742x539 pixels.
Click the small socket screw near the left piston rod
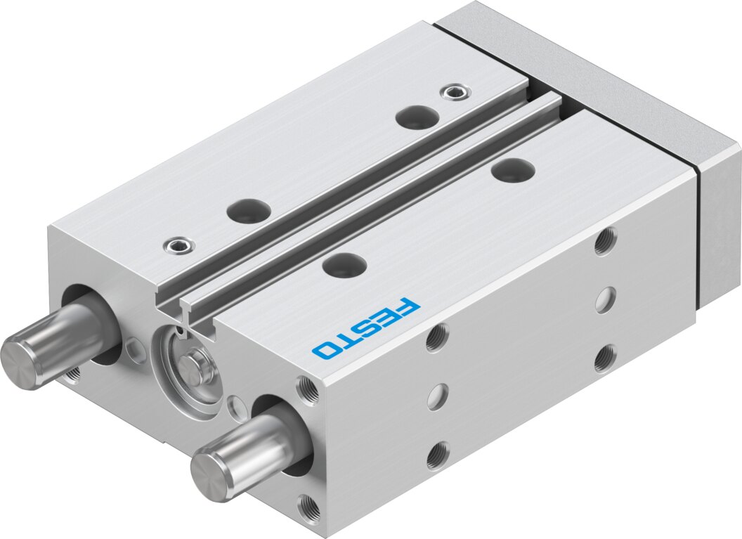(x=178, y=245)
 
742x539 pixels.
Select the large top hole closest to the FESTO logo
(x=345, y=264)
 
